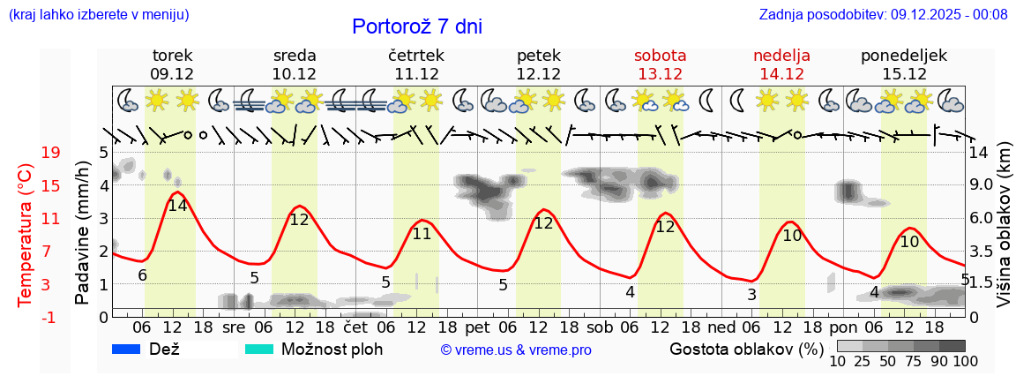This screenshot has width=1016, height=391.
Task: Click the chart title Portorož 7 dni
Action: pyautogui.click(x=417, y=26)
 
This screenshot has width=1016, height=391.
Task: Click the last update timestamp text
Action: pyautogui.click(x=883, y=14)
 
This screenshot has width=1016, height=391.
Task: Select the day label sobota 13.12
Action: pyautogui.click(x=660, y=65)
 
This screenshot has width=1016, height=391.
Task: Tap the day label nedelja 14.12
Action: pyautogui.click(x=781, y=65)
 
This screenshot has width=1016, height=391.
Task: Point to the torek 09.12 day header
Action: pyautogui.click(x=172, y=65)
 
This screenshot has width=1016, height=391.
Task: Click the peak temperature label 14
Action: pyautogui.click(x=177, y=206)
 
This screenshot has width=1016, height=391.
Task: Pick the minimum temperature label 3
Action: pyautogui.click(x=751, y=295)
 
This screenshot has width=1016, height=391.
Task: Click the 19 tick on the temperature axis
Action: pyautogui.click(x=50, y=153)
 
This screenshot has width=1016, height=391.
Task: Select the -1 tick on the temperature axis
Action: pyautogui.click(x=50, y=317)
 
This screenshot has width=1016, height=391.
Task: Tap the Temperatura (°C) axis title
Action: pyautogui.click(x=26, y=236)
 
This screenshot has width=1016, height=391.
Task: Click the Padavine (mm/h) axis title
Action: pyautogui.click(x=82, y=233)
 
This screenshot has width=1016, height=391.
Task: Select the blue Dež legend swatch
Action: pyautogui.click(x=127, y=350)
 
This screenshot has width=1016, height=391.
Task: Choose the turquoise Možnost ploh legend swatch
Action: pyautogui.click(x=258, y=350)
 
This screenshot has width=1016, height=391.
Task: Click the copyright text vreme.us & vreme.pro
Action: pyautogui.click(x=515, y=350)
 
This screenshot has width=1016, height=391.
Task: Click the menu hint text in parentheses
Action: pyautogui.click(x=99, y=14)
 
